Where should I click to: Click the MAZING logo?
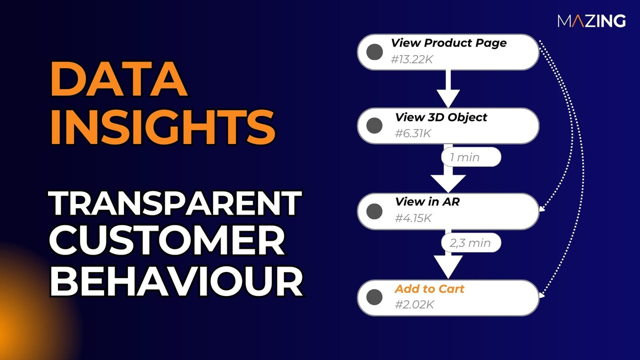591,21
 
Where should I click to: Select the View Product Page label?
448,43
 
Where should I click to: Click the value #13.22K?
411,60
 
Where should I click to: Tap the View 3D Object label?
441,117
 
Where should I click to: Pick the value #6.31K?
412,134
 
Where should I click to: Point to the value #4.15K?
413,218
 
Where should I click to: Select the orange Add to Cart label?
429,289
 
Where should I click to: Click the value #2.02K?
413,304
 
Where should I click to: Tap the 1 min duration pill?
465,157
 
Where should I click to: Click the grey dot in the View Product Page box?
374,52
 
